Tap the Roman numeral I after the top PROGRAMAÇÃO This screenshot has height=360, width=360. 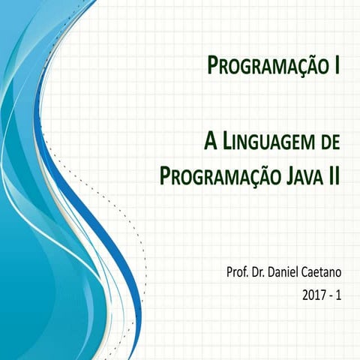coord(337,66)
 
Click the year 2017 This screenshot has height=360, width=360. coord(316,296)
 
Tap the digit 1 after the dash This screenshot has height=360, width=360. coord(339,296)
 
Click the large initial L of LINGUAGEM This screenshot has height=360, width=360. coord(226,140)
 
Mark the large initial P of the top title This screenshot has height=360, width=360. coord(212,66)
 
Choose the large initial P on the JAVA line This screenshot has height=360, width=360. coord(166,175)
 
